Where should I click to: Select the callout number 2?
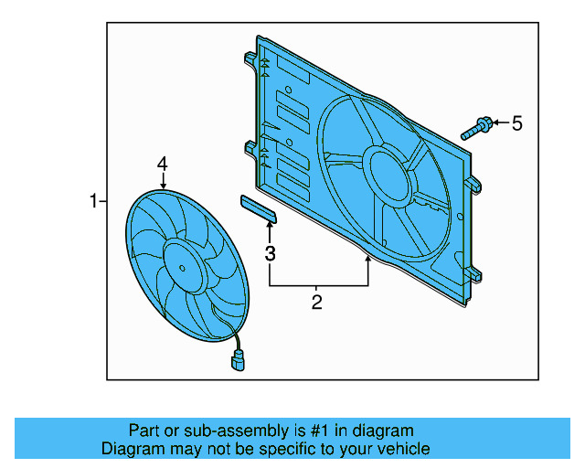[317, 302]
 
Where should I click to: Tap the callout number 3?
[270, 253]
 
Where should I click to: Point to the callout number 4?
[162, 164]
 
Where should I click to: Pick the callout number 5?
[516, 122]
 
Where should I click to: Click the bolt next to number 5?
[477, 127]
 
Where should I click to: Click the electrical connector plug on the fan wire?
[239, 362]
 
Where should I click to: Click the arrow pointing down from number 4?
[162, 181]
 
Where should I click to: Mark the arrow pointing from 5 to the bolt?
[499, 122]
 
